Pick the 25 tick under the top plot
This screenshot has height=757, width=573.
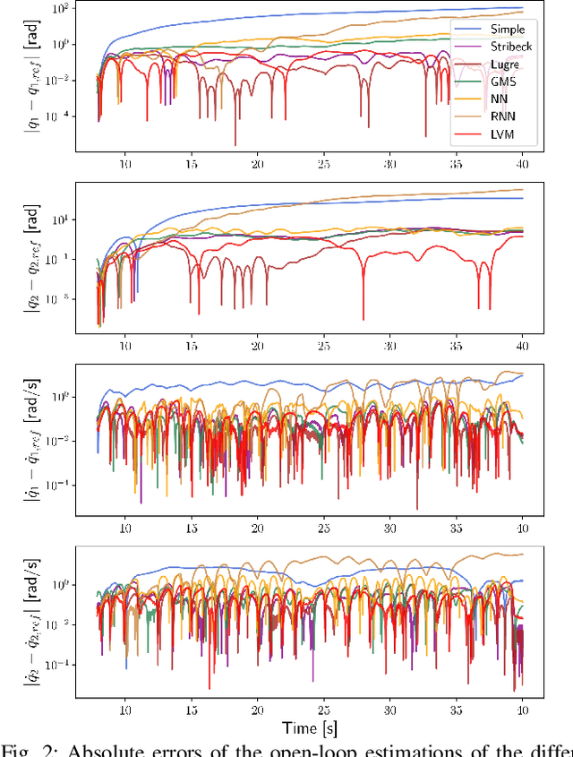pyautogui.click(x=323, y=164)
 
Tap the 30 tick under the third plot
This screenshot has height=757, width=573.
pyautogui.click(x=389, y=527)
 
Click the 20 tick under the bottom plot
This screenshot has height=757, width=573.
pyautogui.click(x=258, y=708)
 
